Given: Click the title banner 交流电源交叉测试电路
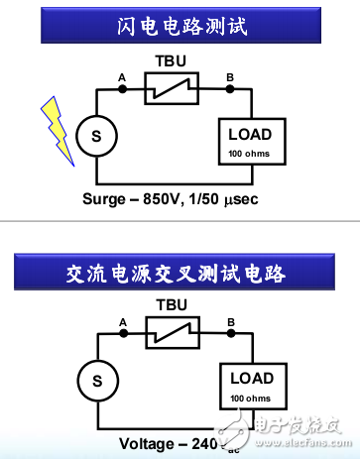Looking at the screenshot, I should click(x=180, y=269).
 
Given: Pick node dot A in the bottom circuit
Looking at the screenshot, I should click(x=123, y=334).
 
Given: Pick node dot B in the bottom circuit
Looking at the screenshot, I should click(x=231, y=334).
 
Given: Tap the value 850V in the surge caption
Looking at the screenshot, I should click(x=183, y=196).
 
